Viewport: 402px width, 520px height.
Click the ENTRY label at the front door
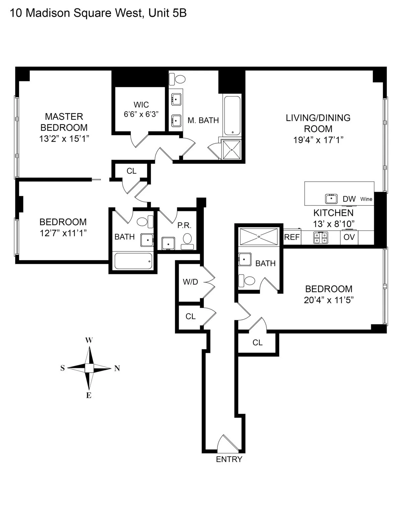click(229, 459)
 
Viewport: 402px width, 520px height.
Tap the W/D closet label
click(190, 282)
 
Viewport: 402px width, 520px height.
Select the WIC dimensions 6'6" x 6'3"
click(141, 114)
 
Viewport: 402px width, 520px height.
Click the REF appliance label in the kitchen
click(292, 237)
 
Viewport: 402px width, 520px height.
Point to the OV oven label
click(349, 237)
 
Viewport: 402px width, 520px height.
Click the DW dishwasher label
click(349, 199)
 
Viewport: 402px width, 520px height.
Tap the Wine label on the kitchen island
click(366, 199)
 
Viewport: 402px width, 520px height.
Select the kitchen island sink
click(331, 199)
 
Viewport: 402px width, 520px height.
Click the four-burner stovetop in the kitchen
click(321, 237)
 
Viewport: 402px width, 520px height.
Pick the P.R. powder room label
click(184, 225)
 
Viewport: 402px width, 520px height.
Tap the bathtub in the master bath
click(232, 116)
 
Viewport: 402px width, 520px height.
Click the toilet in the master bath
click(178, 79)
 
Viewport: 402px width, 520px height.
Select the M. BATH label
click(203, 120)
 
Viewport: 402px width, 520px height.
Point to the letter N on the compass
click(117, 369)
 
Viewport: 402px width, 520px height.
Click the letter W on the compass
click(89, 341)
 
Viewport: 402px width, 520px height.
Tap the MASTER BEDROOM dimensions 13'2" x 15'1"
click(64, 139)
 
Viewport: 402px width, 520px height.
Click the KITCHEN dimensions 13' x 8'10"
click(334, 224)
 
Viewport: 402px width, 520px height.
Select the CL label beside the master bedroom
click(131, 171)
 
